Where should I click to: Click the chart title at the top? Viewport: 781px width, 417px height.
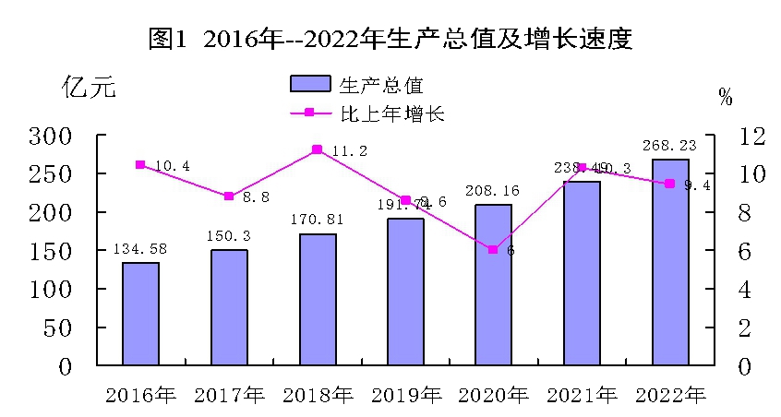390,39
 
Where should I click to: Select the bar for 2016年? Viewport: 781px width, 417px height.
140,314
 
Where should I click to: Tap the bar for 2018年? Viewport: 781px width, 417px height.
317,300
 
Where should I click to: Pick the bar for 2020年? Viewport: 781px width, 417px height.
493,284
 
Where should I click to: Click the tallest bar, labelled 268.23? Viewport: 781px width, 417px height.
669,262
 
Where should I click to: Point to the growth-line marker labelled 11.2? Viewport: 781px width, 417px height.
317,149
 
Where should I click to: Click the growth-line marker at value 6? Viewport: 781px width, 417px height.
493,250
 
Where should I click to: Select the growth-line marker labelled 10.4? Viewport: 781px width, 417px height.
140,165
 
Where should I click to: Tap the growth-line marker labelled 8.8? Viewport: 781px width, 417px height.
229,196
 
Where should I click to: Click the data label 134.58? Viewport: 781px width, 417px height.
140,249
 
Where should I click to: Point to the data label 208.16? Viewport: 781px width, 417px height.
493,191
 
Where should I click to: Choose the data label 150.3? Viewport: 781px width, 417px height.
228,236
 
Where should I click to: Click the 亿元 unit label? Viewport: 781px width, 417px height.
89,89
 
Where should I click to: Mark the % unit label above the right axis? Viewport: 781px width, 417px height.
725,97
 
